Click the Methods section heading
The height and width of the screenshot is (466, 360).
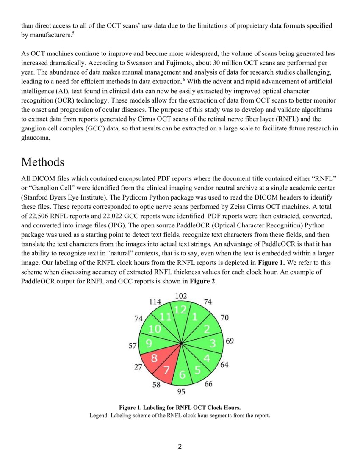click(x=42, y=162)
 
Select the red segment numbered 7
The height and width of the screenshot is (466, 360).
click(x=167, y=370)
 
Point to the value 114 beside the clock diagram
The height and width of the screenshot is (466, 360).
click(x=155, y=302)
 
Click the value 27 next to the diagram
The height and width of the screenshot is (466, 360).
click(x=138, y=367)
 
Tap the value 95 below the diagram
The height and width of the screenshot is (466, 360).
click(x=181, y=391)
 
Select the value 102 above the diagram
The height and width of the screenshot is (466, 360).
click(x=181, y=295)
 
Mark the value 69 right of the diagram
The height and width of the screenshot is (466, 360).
click(x=230, y=341)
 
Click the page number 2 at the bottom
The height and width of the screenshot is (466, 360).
click(x=180, y=446)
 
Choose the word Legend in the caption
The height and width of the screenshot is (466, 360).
click(x=99, y=415)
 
